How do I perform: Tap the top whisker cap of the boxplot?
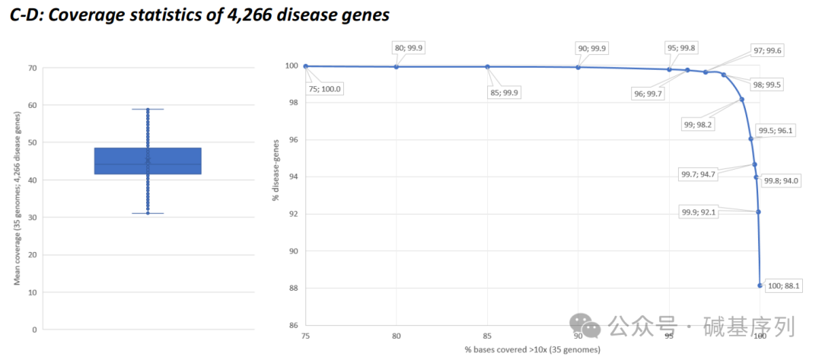coord(148,109)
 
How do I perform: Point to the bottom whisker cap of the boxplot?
coord(148,213)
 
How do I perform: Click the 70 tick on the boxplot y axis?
coord(32,68)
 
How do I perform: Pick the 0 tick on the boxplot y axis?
coord(34,330)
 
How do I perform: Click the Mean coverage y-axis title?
coord(18,198)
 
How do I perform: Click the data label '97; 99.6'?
coord(766,50)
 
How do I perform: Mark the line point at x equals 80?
coord(397,67)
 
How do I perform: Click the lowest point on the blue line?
coord(760,285)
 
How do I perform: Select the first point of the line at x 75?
coord(305,66)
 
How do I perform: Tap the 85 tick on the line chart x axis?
coord(487,335)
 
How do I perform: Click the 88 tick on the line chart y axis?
coord(291,288)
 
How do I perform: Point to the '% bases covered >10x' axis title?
coord(533,349)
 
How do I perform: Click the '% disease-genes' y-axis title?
coord(275,176)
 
